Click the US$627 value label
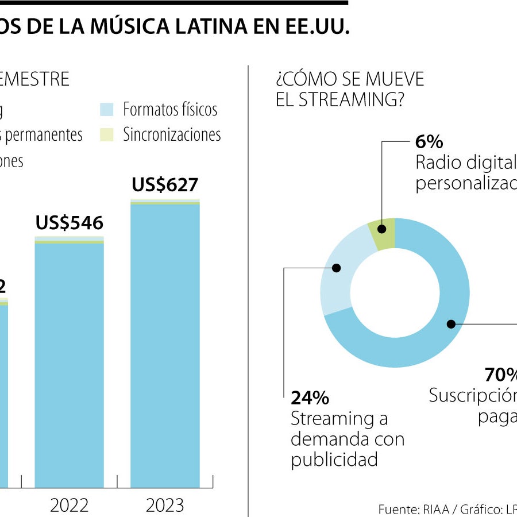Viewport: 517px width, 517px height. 165,185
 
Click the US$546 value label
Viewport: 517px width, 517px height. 69,223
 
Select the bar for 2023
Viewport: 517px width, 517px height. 165,345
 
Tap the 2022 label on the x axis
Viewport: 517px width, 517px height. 69,505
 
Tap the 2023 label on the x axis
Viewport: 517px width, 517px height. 165,505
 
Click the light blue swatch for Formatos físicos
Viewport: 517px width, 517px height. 107,109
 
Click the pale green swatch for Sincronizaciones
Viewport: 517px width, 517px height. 107,134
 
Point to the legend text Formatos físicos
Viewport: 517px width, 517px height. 170,109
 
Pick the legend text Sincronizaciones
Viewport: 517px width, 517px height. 172,134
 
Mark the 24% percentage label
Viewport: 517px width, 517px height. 310,398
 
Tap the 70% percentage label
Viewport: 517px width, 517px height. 500,375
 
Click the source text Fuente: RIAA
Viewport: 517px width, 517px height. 408,509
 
